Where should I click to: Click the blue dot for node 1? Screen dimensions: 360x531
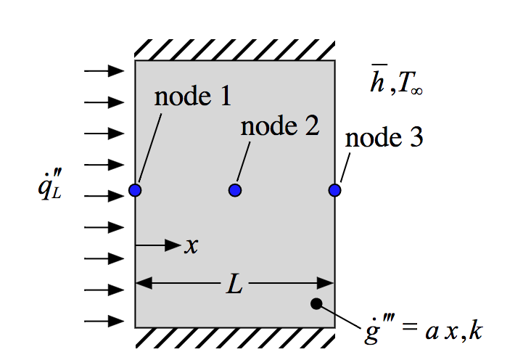[135, 190]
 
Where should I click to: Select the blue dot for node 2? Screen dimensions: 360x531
[234, 190]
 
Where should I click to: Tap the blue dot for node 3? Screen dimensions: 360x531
[334, 190]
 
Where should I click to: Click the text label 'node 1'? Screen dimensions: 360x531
[193, 97]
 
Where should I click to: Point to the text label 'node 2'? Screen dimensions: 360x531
[279, 126]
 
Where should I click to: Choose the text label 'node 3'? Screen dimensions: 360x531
[384, 138]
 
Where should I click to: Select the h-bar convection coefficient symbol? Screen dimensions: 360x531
[377, 84]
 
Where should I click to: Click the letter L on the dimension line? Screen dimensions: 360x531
[234, 285]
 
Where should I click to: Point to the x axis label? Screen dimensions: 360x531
[191, 246]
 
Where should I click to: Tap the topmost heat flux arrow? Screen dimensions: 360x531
[104, 71]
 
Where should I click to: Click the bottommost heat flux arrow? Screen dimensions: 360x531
[104, 321]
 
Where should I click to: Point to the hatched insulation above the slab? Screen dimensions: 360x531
[234, 49]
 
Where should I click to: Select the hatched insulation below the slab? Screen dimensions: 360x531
[234, 337]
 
